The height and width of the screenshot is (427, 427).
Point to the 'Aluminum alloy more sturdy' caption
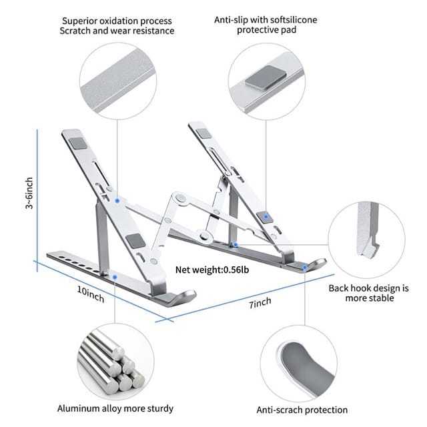[115, 408]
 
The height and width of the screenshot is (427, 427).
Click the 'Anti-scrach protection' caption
[302, 410]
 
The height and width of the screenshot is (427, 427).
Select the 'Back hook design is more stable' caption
[368, 293]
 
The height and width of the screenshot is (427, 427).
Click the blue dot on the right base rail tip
[305, 267]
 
